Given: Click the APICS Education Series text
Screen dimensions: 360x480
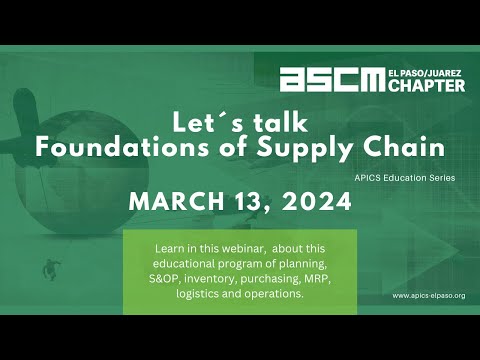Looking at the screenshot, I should (404, 177).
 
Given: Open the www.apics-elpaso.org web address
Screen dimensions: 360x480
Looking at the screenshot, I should (428, 296).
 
